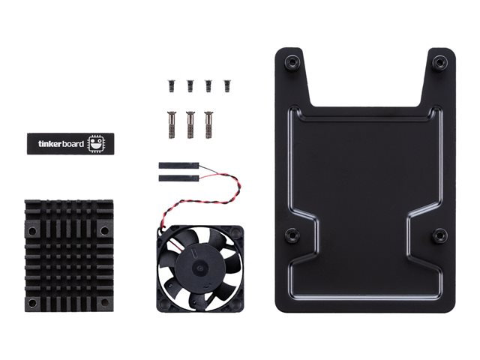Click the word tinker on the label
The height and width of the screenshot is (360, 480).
tap(50, 144)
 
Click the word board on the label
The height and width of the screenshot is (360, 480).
tap(73, 144)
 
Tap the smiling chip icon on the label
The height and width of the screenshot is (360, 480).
tap(96, 143)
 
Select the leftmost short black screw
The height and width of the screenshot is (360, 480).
tap(171, 86)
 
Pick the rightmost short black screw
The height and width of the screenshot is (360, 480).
tap(227, 86)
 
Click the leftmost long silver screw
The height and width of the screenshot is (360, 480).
tap(172, 125)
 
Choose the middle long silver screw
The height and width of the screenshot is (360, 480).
tap(190, 125)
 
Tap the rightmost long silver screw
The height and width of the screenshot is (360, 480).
tap(208, 125)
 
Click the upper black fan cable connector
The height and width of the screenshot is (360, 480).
tap(178, 166)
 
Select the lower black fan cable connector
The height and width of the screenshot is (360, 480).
tap(178, 178)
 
